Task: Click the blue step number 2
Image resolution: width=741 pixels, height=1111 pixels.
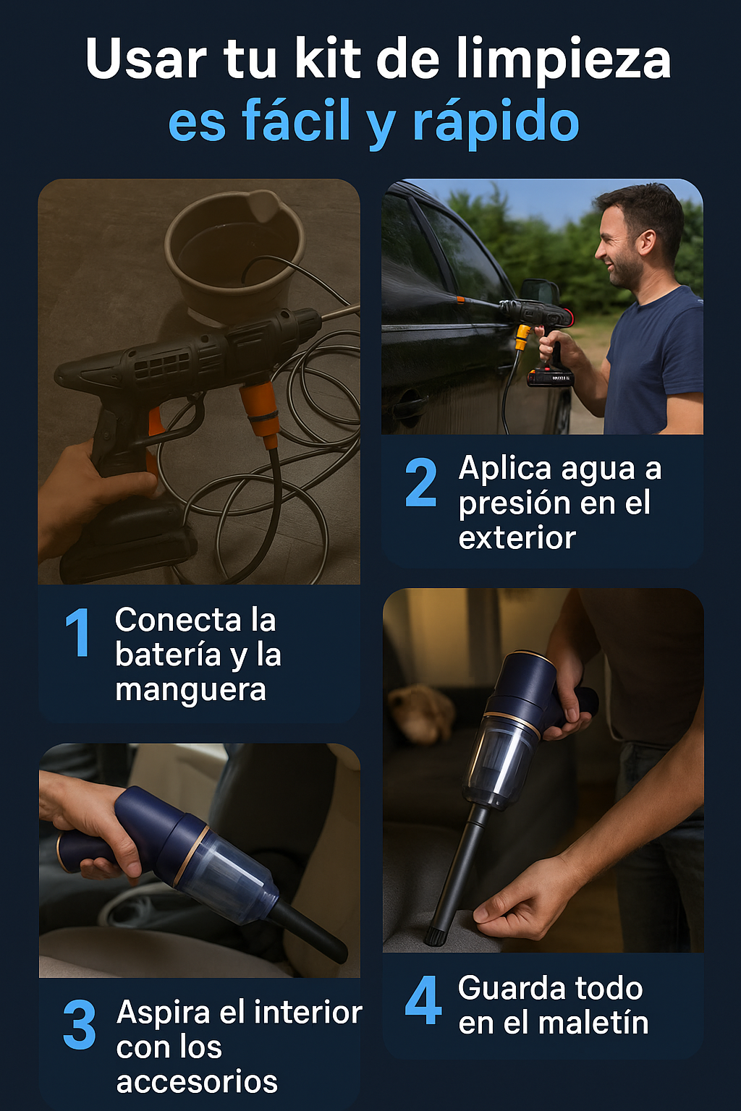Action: tap(421, 482)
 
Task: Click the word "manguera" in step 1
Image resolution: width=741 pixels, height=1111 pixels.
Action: tap(190, 690)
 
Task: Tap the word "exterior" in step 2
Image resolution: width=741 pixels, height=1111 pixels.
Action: tap(517, 537)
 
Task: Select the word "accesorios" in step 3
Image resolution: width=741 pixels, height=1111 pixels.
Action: tap(197, 1082)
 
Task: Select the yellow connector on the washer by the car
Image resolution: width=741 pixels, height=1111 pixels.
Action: tap(522, 339)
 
